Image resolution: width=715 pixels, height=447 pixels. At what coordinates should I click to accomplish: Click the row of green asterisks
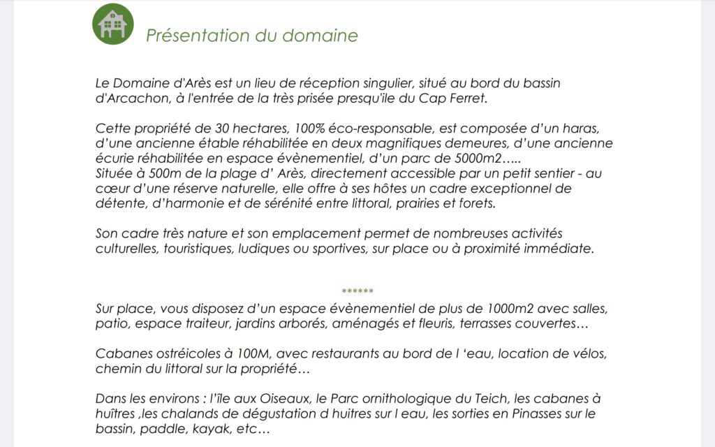[357, 291]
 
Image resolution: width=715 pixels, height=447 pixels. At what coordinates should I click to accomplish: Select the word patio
[110, 324]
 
